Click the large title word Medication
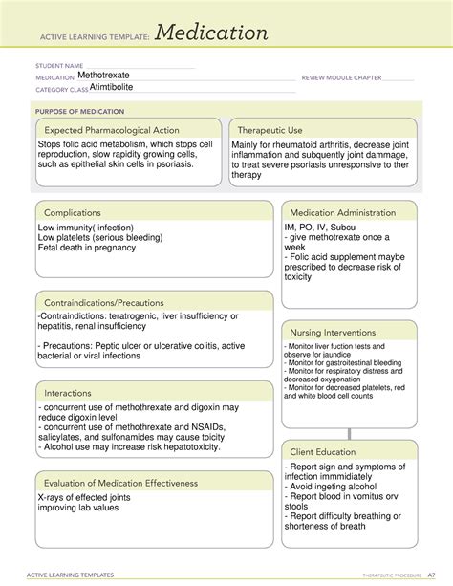[212, 34]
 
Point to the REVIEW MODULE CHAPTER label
[342, 76]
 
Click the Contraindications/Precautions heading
[100, 302]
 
